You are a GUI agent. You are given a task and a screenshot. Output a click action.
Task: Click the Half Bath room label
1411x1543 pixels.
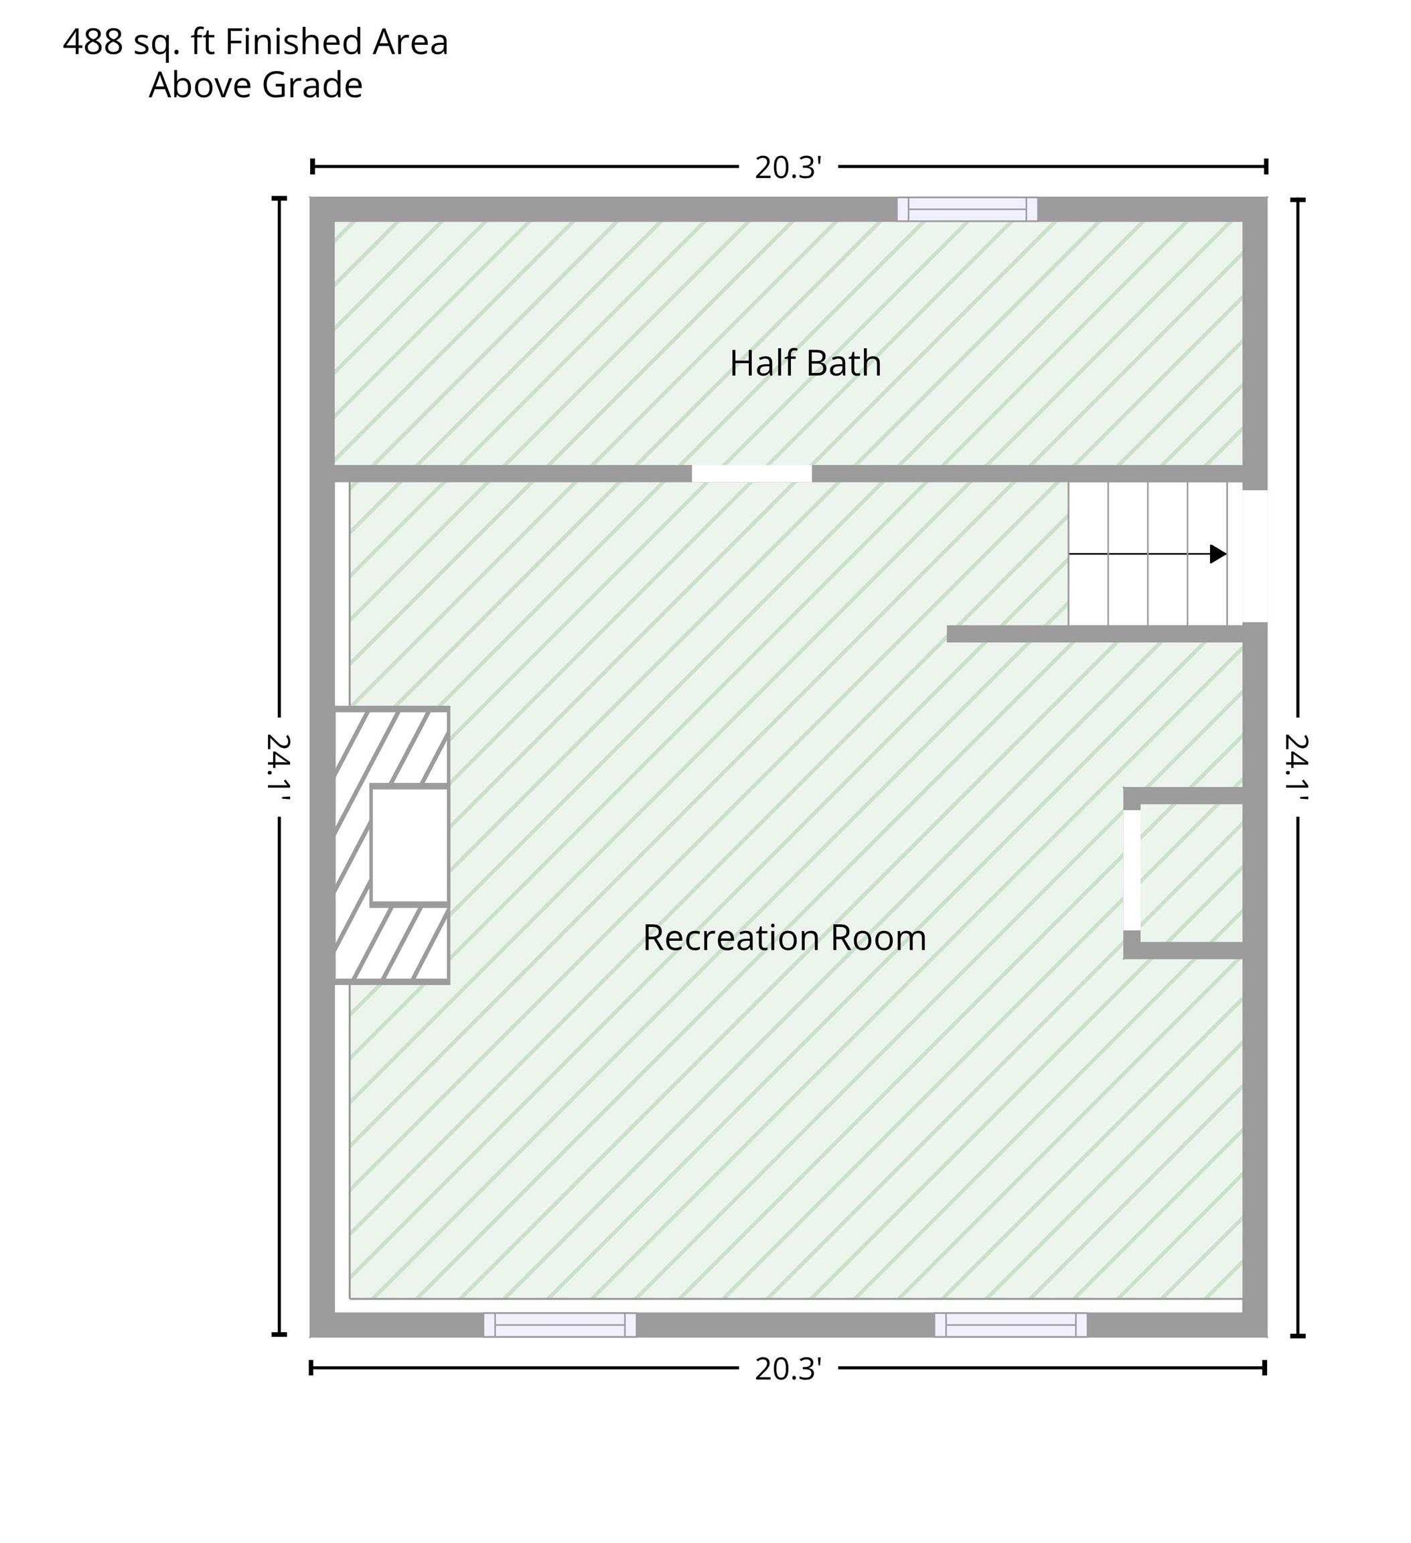[805, 364]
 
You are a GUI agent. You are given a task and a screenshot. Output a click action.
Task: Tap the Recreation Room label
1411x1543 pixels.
[784, 938]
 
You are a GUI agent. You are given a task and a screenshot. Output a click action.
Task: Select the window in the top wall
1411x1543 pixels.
[967, 209]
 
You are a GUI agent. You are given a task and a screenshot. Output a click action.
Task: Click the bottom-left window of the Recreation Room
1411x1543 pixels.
[559, 1325]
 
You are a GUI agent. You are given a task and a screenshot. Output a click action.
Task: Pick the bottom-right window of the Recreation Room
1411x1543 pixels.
[1010, 1325]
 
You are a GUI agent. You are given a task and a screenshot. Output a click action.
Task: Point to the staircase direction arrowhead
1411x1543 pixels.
[1218, 554]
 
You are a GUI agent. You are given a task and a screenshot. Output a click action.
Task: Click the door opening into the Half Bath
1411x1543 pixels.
[751, 473]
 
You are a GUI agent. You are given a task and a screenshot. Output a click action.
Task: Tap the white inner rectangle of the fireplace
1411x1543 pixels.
[409, 845]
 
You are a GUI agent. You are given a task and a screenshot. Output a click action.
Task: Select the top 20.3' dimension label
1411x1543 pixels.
[788, 167]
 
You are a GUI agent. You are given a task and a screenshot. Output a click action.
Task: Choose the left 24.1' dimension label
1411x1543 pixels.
[279, 767]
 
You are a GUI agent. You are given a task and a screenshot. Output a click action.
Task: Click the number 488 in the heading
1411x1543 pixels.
[92, 42]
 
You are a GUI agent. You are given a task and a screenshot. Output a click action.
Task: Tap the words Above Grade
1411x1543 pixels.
[256, 85]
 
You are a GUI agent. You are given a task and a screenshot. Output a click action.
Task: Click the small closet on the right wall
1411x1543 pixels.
[1191, 873]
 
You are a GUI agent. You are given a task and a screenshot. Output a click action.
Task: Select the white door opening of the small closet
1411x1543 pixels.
[1132, 870]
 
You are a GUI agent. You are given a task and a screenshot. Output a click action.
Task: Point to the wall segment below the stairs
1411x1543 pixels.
[1094, 634]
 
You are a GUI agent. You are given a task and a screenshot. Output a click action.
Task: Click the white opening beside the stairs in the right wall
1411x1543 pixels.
[1255, 557]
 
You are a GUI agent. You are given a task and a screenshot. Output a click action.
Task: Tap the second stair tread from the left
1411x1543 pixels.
[1128, 553]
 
